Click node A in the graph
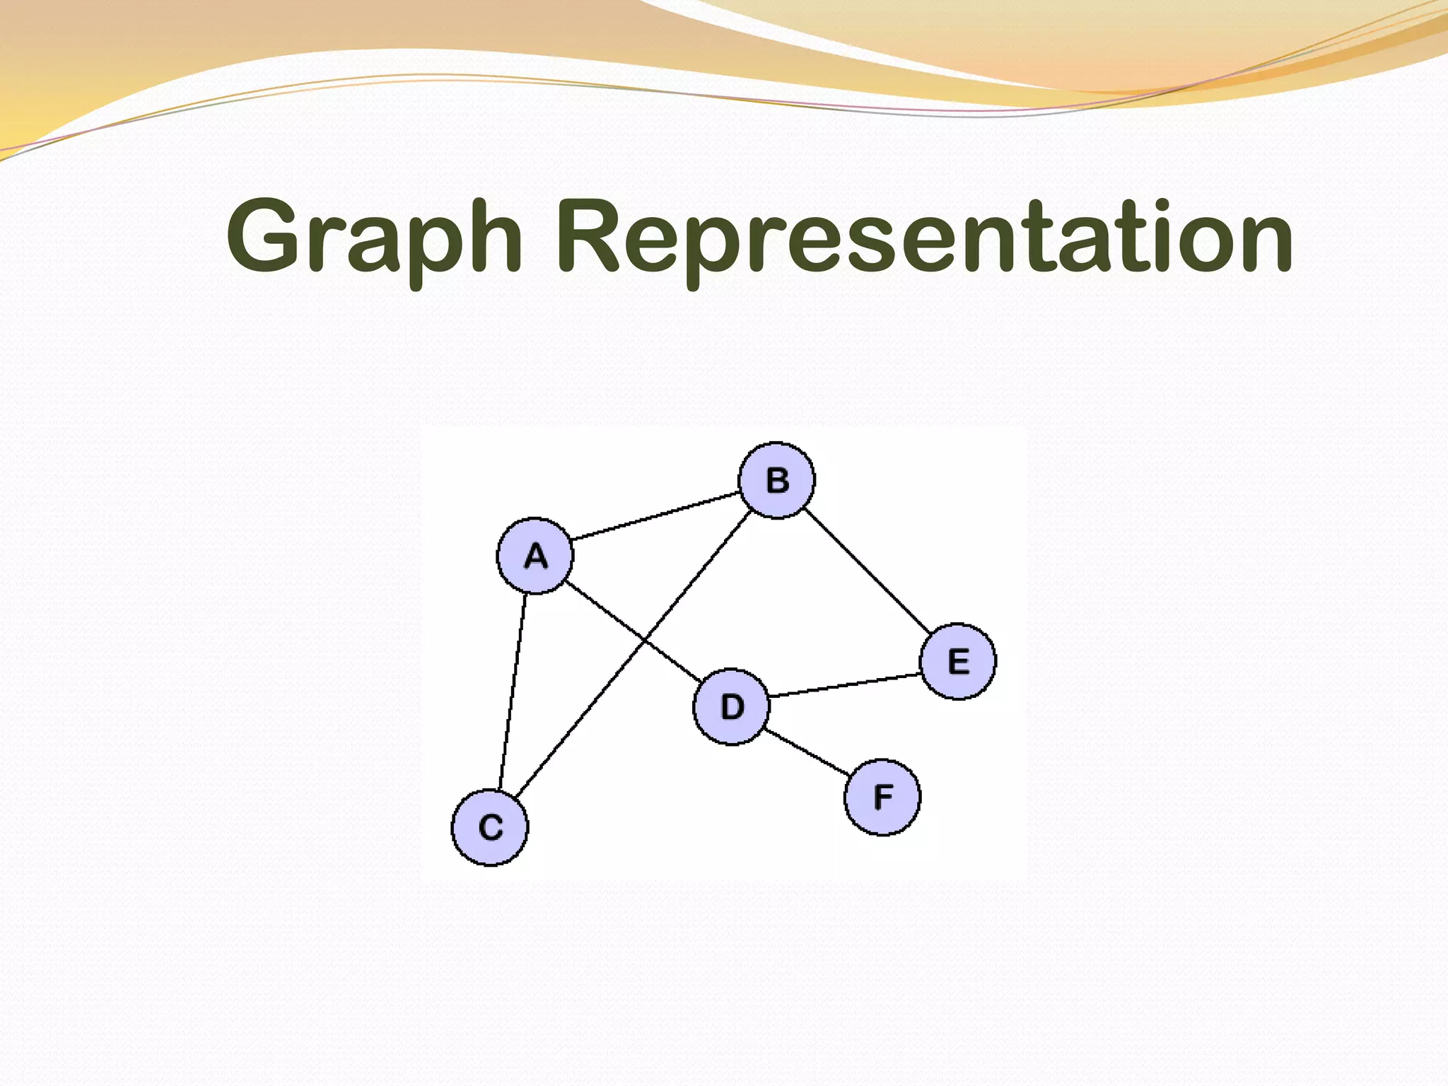[x=535, y=556]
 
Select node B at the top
[x=776, y=480]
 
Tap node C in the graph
[x=490, y=827]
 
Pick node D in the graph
[x=731, y=706]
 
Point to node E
[x=958, y=661]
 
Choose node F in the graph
[x=882, y=797]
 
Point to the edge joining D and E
[x=844, y=685]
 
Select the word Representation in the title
[x=926, y=238]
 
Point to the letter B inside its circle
[x=777, y=481]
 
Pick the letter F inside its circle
[x=883, y=797]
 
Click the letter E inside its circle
[x=958, y=662]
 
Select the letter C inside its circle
[x=491, y=827]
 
